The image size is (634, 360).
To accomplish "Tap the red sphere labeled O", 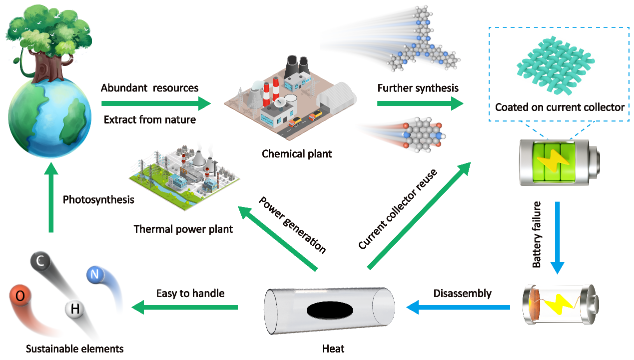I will [20, 296].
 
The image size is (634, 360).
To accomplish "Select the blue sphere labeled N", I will [95, 274].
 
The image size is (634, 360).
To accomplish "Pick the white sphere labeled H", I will [75, 310].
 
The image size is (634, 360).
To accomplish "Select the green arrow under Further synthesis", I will [420, 104].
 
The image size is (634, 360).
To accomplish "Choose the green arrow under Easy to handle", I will [184, 307].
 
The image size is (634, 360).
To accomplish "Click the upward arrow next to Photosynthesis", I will [50, 200].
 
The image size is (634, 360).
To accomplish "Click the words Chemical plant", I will [297, 153].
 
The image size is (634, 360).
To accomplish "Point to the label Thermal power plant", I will [183, 229].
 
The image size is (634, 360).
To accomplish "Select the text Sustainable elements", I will [74, 348].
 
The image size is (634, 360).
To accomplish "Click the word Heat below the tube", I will [333, 348].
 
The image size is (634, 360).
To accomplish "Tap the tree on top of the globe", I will [47, 40].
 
